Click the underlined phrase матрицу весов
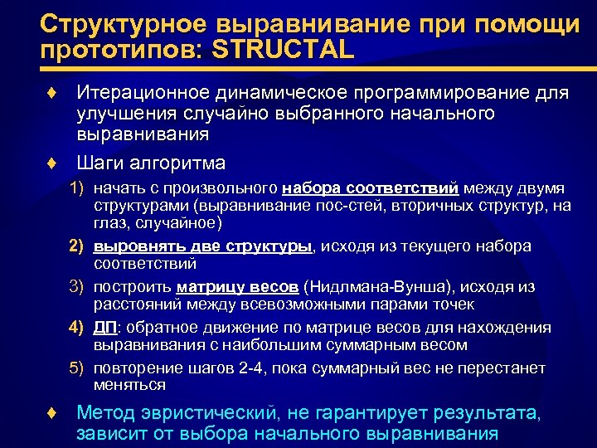[237, 287]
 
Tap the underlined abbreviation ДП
[104, 328]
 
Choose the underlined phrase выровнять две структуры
[203, 246]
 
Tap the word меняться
[130, 385]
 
